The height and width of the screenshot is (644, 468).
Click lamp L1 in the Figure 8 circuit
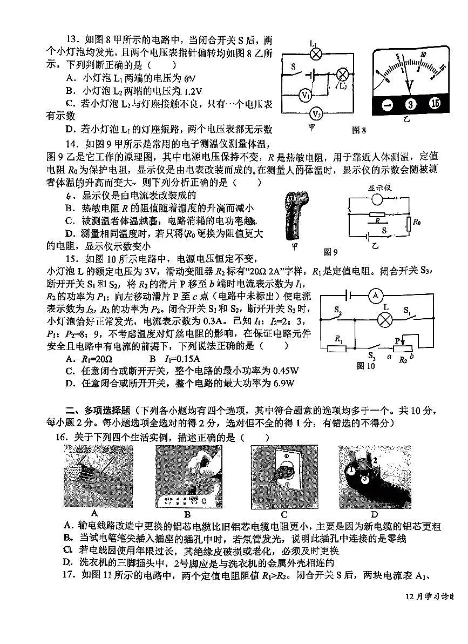317,54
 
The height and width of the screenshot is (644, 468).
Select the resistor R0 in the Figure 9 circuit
409,222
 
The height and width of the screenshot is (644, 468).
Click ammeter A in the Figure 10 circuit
376,295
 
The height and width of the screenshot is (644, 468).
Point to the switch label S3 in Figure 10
371,356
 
